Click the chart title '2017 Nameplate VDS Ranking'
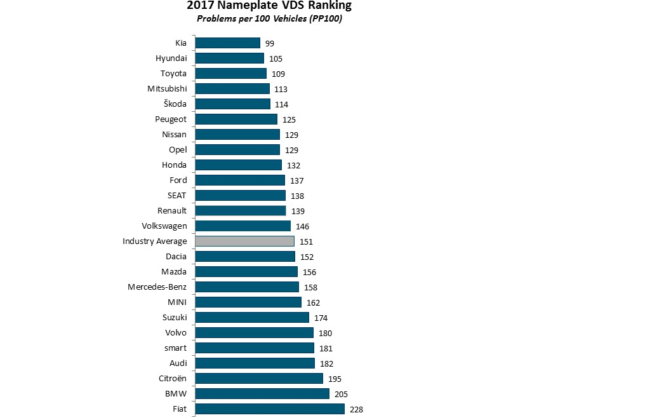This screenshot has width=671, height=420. pyautogui.click(x=269, y=6)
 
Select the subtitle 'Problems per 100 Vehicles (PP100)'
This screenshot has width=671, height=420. pyautogui.click(x=269, y=18)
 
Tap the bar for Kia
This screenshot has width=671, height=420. pyautogui.click(x=227, y=43)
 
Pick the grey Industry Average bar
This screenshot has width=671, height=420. pyautogui.click(x=244, y=241)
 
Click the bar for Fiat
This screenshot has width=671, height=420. pyautogui.click(x=269, y=409)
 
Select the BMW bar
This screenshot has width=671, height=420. pyautogui.click(x=262, y=394)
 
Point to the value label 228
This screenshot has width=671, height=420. pyautogui.click(x=355, y=410)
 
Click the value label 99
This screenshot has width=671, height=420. pyautogui.click(x=270, y=43)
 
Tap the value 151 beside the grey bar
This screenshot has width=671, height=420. pyautogui.click(x=306, y=242)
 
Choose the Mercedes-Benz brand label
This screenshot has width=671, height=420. pyautogui.click(x=157, y=287)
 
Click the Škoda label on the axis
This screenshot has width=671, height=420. pyautogui.click(x=175, y=104)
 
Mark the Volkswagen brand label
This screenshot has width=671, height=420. pyautogui.click(x=164, y=226)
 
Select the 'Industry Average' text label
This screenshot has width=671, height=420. pyautogui.click(x=155, y=241)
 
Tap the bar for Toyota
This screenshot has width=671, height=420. pyautogui.click(x=230, y=73)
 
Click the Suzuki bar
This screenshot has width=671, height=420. pyautogui.click(x=251, y=317)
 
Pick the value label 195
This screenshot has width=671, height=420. pyautogui.click(x=335, y=379)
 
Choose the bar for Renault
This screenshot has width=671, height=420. pyautogui.click(x=240, y=210)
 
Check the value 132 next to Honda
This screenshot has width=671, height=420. pyautogui.click(x=294, y=165)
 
